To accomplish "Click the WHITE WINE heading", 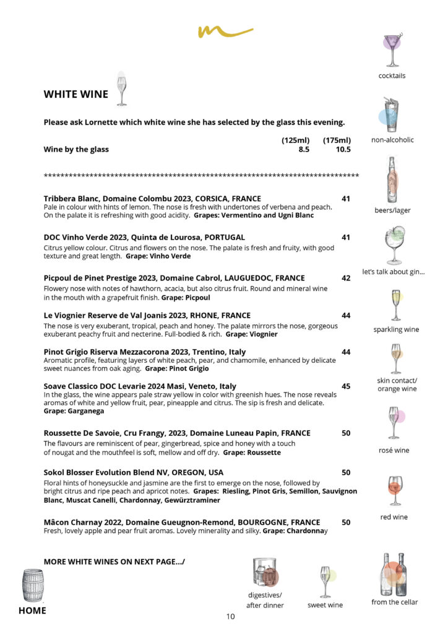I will pos(75,95).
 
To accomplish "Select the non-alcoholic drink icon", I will pos(390,115).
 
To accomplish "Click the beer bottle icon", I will pos(392,180).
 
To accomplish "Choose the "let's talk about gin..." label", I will pos(394,272).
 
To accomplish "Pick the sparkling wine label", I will pos(396,329).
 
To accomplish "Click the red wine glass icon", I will pos(394,490).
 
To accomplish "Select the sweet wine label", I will pos(325,605).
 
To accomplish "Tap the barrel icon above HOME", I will pos(33,586).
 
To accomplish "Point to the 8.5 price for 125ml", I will pos(304,149).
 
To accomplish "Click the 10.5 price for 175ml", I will pos(343,149).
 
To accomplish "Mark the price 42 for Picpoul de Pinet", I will pos(346,278).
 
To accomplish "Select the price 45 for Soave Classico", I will pos(346,386).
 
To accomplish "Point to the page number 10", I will pos(230,616).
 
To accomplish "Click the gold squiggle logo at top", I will pos(225,31).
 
